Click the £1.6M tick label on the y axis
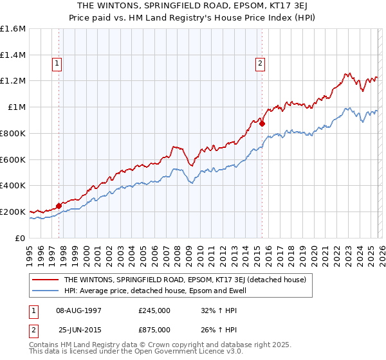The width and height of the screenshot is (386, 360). (x=13, y=29)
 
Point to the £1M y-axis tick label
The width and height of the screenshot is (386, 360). (x=16, y=107)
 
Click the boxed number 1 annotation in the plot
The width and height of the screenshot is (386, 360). (x=58, y=63)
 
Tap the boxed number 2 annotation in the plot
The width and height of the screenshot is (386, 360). (x=260, y=63)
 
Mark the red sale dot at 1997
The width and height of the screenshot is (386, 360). (x=59, y=206)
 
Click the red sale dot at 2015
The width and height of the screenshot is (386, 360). (x=262, y=123)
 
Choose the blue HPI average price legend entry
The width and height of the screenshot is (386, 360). (x=164, y=291)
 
